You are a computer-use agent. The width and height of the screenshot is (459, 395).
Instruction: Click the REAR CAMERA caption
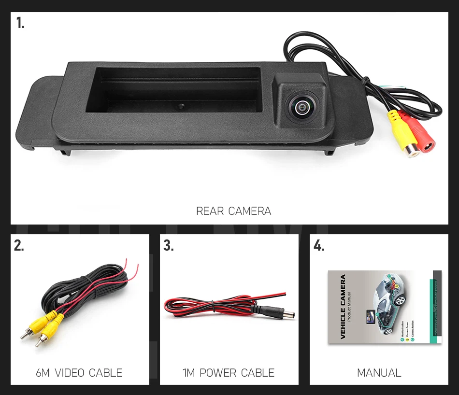click(x=233, y=211)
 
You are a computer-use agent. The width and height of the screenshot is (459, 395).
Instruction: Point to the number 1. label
click(x=20, y=23)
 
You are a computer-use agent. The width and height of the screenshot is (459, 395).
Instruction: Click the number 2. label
click(x=19, y=246)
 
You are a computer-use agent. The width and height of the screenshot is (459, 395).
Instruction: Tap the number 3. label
click(x=168, y=246)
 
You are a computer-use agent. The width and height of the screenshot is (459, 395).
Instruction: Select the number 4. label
click(x=318, y=246)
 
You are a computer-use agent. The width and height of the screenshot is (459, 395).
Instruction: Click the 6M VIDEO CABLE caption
click(x=79, y=373)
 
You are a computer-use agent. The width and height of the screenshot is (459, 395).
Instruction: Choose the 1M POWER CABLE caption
click(x=229, y=373)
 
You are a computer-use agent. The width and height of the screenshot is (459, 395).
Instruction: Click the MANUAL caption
click(x=379, y=373)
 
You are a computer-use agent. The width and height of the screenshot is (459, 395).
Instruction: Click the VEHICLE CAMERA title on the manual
click(x=343, y=307)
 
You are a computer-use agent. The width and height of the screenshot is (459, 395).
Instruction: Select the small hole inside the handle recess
click(x=179, y=105)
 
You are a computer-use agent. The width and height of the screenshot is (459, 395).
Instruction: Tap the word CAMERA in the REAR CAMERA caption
click(x=250, y=211)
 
